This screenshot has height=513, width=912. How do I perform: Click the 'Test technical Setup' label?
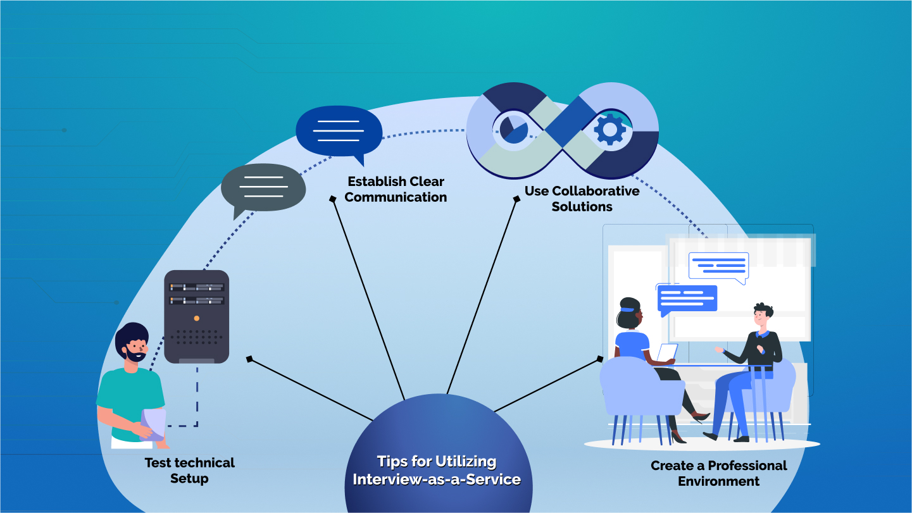point(189,471)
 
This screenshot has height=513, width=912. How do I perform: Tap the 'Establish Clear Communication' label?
point(396,189)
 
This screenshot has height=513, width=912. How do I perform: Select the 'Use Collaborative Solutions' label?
point(582,199)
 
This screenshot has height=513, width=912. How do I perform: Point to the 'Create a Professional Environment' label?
point(718,473)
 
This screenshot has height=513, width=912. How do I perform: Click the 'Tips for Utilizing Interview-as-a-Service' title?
point(437,470)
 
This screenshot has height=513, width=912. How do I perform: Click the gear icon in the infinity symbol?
point(609,130)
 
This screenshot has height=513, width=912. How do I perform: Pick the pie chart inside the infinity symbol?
point(513,128)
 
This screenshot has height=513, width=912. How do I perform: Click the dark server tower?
point(196,316)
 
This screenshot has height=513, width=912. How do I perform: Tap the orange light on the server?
point(196,318)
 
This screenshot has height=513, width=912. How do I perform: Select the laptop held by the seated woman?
point(666,353)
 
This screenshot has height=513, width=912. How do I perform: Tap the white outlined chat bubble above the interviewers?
point(718,266)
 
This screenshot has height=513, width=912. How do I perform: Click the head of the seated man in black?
point(762,317)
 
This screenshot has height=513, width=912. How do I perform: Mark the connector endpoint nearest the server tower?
point(249,359)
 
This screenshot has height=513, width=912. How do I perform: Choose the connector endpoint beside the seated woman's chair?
point(599,359)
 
